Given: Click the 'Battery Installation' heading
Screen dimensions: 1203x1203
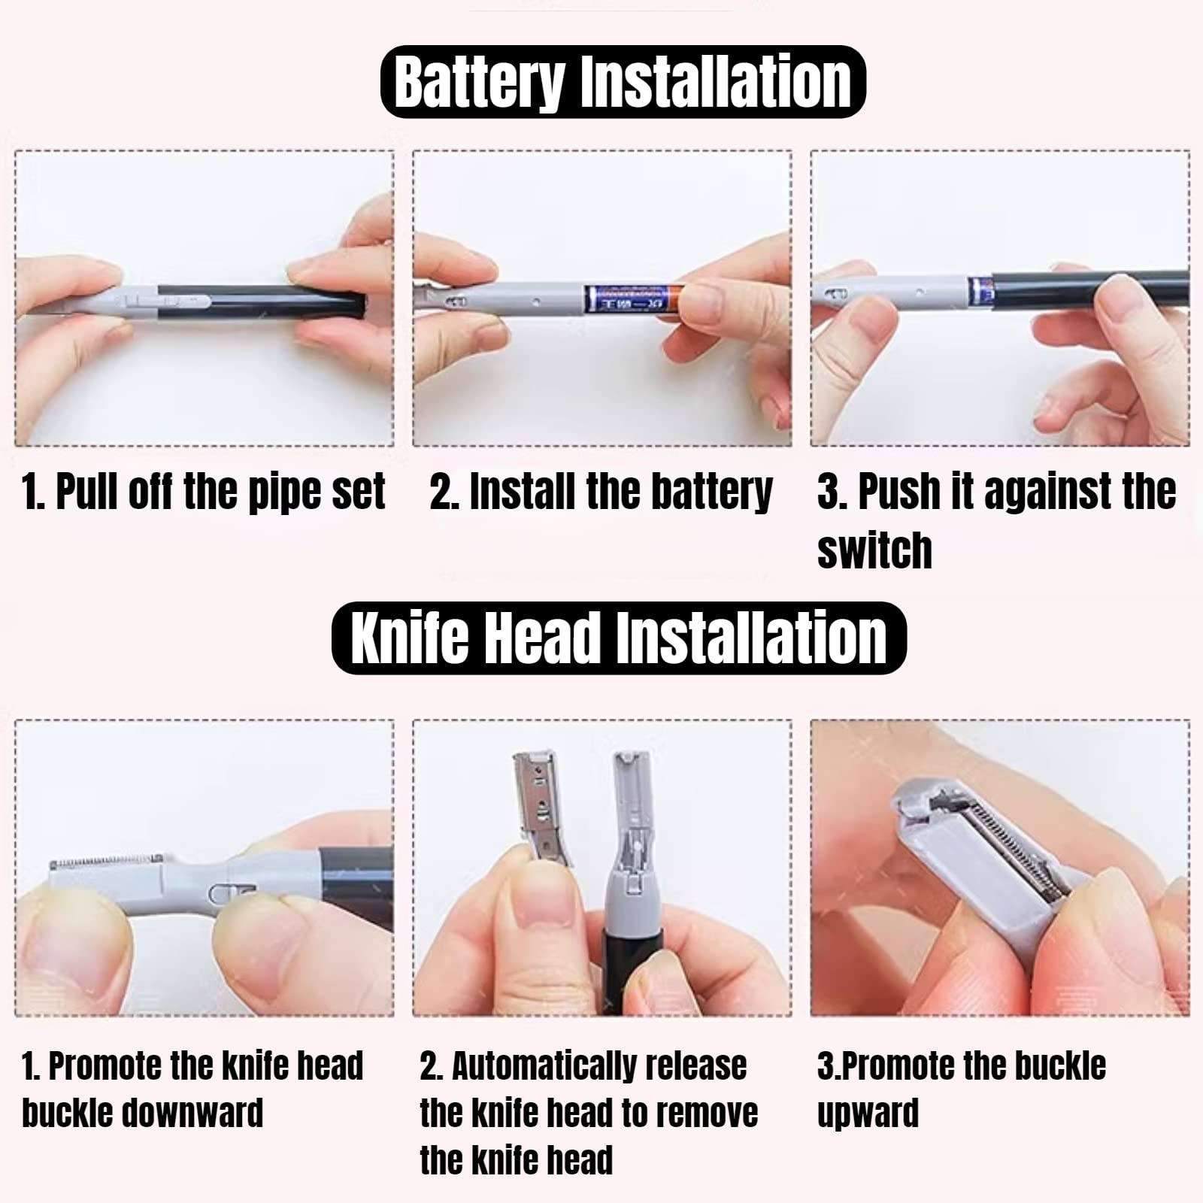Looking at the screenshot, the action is click(623, 81).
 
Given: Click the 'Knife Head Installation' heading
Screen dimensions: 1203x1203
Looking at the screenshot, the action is click(619, 638).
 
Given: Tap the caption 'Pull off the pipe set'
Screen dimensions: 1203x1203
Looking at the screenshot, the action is click(204, 492).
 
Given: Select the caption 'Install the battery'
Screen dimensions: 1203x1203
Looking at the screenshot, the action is click(601, 492).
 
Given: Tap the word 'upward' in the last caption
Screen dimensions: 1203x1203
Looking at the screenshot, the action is click(868, 1114).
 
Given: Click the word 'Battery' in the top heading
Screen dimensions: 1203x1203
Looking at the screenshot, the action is click(479, 81).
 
